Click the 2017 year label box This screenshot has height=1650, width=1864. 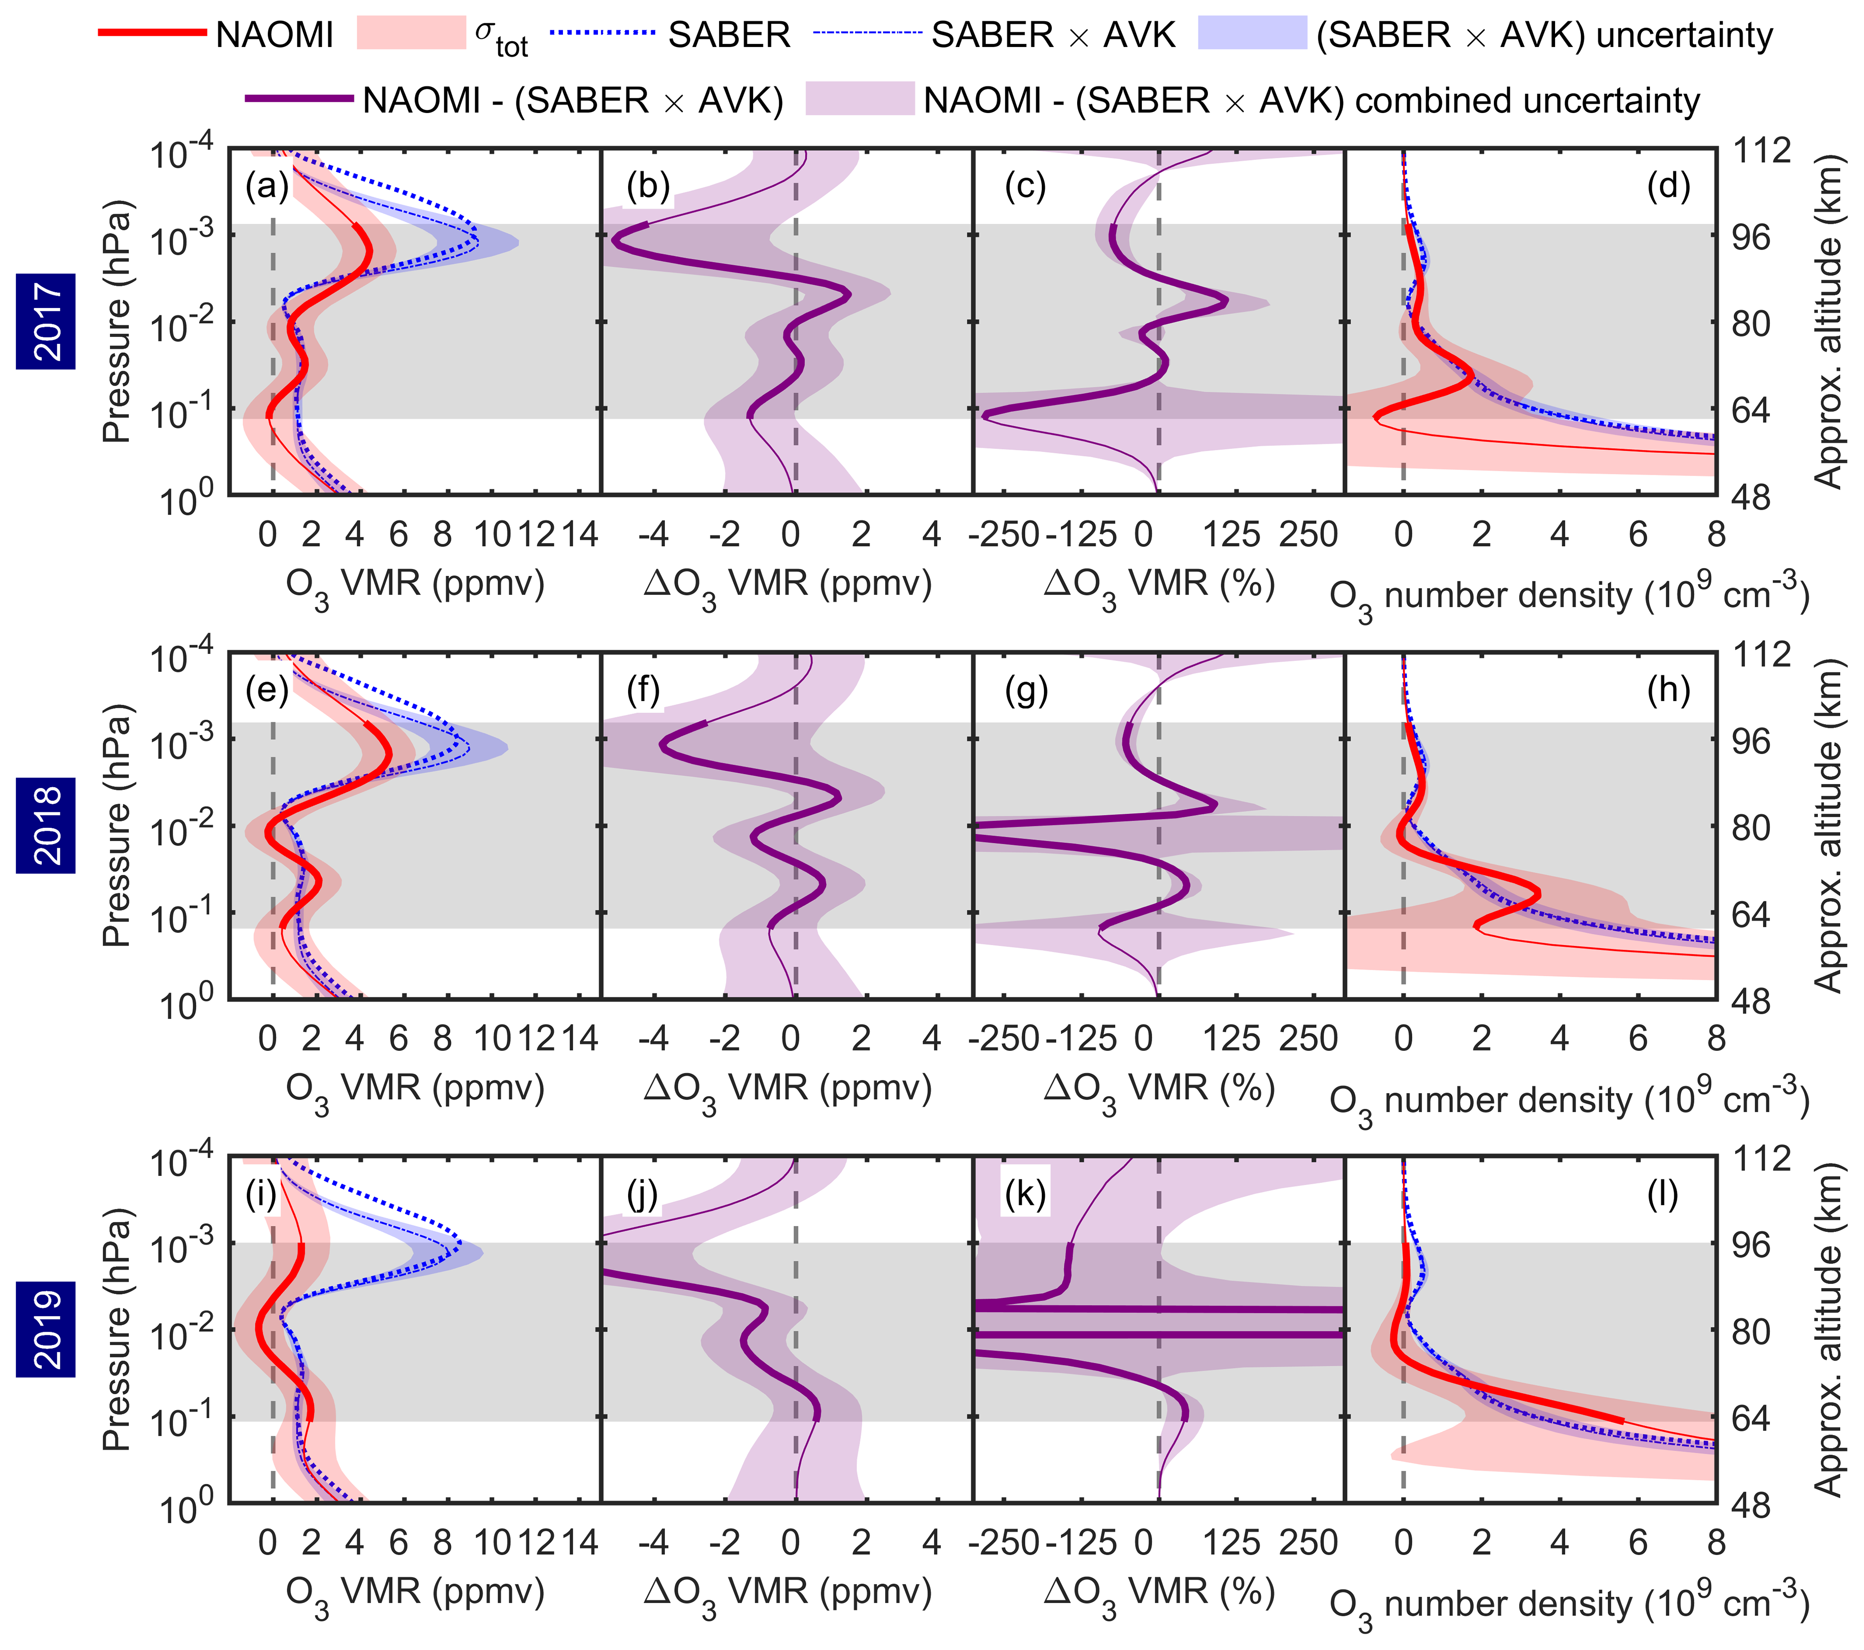tap(46, 321)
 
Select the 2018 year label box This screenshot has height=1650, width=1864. tap(46, 825)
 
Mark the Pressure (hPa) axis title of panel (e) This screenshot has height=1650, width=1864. tap(117, 825)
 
